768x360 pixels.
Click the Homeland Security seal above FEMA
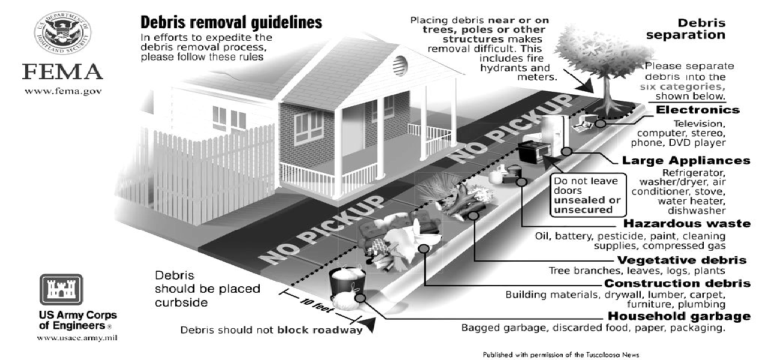pyautogui.click(x=62, y=32)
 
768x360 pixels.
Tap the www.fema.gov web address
pyautogui.click(x=63, y=92)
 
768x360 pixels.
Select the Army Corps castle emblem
pyautogui.click(x=61, y=289)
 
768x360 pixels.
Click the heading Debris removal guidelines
pyautogui.click(x=231, y=23)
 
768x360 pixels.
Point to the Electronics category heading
pyautogui.click(x=698, y=110)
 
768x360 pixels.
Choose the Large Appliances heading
pyautogui.click(x=686, y=160)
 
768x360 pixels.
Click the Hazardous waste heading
pyautogui.click(x=687, y=224)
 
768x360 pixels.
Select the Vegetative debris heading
pyautogui.click(x=682, y=260)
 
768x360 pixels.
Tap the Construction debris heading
pyautogui.click(x=677, y=283)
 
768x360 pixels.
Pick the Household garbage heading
pyautogui.click(x=679, y=316)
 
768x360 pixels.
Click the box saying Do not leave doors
pyautogui.click(x=588, y=195)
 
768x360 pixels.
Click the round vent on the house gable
pyautogui.click(x=400, y=65)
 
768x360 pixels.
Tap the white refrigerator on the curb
pyautogui.click(x=555, y=135)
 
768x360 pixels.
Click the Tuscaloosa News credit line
pyautogui.click(x=561, y=355)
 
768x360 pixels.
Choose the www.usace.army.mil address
pyautogui.click(x=77, y=338)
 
